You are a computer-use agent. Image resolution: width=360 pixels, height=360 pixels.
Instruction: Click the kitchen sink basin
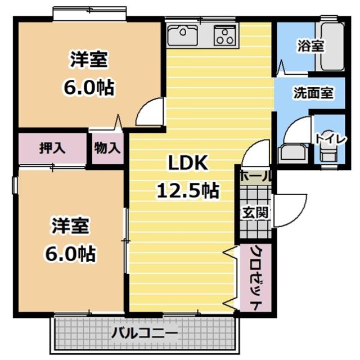tap(182, 35)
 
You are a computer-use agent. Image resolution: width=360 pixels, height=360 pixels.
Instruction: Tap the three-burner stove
tap(225, 35)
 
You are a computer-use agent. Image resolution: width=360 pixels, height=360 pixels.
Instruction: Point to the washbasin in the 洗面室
tap(292, 153)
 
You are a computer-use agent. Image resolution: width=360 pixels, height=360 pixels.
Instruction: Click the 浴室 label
tap(311, 46)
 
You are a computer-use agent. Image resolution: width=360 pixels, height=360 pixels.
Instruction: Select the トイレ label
tap(331, 139)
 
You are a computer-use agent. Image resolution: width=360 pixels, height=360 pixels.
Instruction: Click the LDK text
tap(188, 163)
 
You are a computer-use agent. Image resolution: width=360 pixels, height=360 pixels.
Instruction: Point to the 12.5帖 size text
tap(187, 191)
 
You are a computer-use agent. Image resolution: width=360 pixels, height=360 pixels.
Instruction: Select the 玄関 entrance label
tap(255, 213)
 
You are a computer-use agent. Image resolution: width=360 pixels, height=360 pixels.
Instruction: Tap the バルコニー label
tap(145, 333)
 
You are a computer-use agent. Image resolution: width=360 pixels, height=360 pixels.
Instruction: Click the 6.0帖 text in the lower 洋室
tap(70, 254)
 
